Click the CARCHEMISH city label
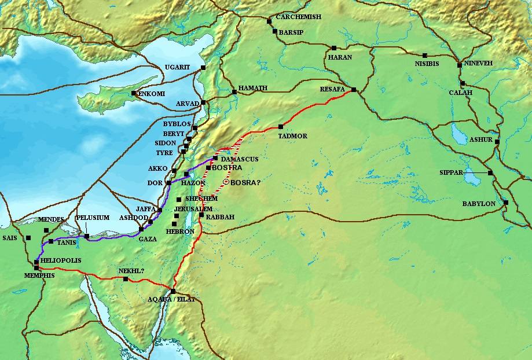pos(298,17)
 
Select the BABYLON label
pos(478,204)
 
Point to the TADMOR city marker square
pos(281,127)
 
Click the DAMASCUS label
pos(239,159)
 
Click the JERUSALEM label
pos(193,208)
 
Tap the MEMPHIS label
pos(40,275)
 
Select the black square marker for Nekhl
pos(126,279)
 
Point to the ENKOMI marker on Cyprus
pos(134,93)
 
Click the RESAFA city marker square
pos(353,90)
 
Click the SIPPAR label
pos(453,172)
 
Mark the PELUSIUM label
pos(93,218)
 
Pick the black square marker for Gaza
pos(141,229)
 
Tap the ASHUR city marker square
pos(497,141)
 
